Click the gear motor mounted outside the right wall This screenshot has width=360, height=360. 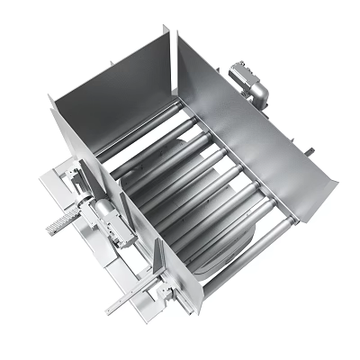tap(250, 83)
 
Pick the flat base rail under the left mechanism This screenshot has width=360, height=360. tap(108, 270)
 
